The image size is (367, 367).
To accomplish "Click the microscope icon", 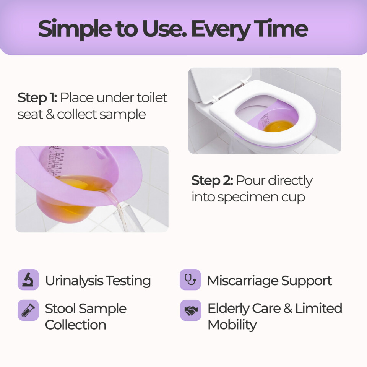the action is tap(28, 279).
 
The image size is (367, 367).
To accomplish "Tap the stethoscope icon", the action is tap(190, 279).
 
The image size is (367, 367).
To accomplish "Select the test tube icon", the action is tap(28, 310).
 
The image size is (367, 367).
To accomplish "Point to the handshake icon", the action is tap(190, 310).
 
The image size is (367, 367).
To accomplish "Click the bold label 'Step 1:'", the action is tap(37, 97).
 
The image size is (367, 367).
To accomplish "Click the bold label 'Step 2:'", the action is tap(212, 180).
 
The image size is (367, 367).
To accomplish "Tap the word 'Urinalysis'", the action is tap(74, 281).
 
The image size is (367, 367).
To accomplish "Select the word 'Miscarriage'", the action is tap(243, 281).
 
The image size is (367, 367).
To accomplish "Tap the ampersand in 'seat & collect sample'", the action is tap(50, 114).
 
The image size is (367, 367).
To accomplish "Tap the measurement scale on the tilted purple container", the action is tap(55, 161).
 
